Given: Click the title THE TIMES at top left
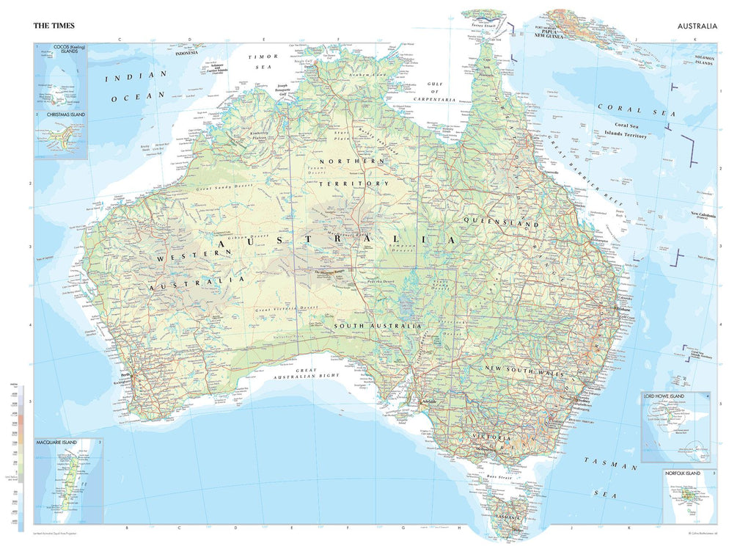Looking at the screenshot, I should tap(54, 26).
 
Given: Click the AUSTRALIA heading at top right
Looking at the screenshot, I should tap(697, 26).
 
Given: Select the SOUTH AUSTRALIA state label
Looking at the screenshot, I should tap(377, 325).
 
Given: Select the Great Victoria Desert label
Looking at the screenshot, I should tap(287, 309).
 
